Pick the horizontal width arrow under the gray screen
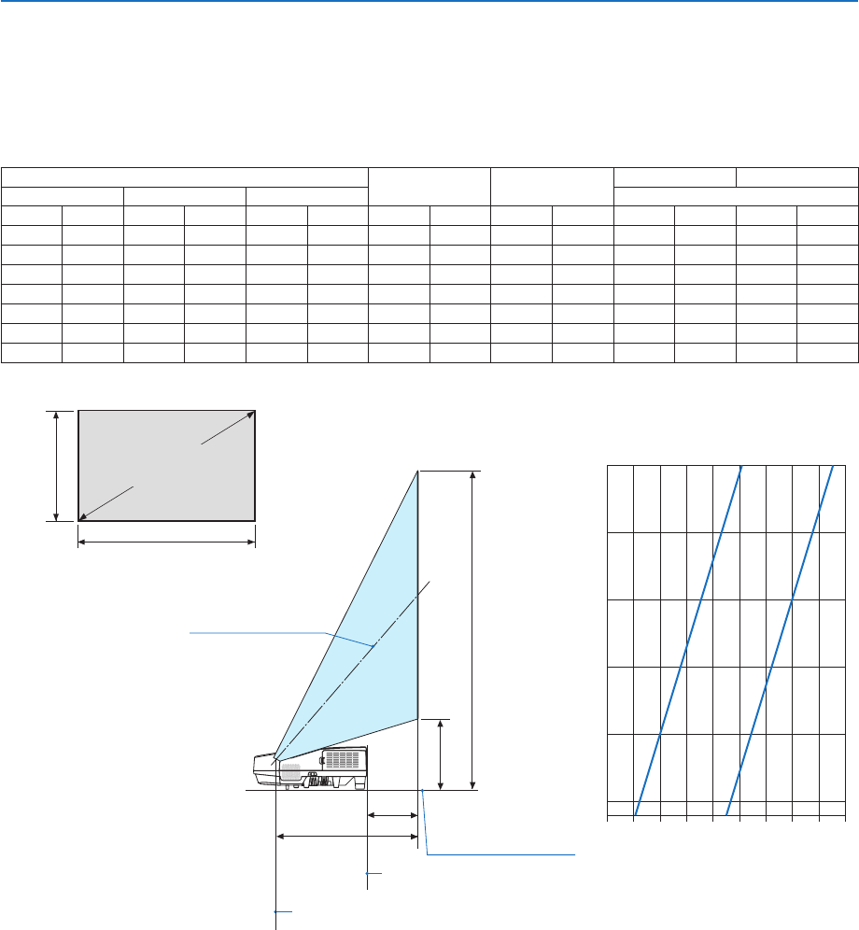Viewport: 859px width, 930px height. click(x=166, y=542)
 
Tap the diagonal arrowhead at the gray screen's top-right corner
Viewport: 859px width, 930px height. click(x=250, y=413)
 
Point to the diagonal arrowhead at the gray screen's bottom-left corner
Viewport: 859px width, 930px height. click(x=83, y=514)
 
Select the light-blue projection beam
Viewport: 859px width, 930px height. click(x=373, y=635)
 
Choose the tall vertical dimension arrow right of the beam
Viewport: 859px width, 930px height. click(x=474, y=630)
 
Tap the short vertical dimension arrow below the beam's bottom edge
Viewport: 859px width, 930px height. click(x=440, y=754)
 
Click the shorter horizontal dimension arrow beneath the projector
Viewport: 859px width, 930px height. click(x=392, y=815)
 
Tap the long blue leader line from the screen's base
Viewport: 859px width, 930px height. click(x=500, y=853)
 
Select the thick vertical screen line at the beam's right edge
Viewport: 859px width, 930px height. click(x=417, y=598)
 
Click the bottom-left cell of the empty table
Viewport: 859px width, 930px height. click(x=32, y=352)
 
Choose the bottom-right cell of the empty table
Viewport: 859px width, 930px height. click(x=827, y=352)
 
